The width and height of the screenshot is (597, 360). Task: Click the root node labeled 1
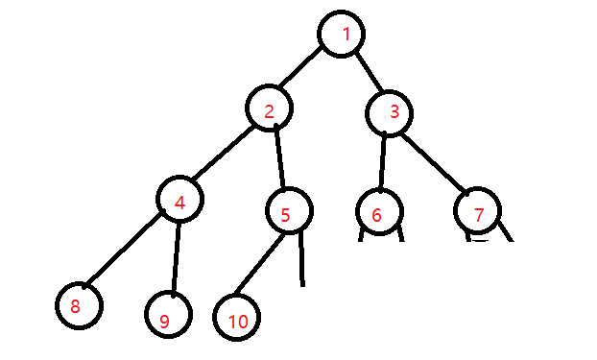pyautogui.click(x=345, y=36)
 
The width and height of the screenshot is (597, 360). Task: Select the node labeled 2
pyautogui.click(x=269, y=110)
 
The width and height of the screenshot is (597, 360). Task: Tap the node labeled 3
pyautogui.click(x=391, y=113)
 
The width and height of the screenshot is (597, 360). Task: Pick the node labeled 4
pyautogui.click(x=181, y=201)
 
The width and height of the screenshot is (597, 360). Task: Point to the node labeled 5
pyautogui.click(x=286, y=213)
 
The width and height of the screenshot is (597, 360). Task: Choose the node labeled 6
pyautogui.click(x=377, y=214)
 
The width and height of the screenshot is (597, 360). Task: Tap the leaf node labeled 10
pyautogui.click(x=237, y=317)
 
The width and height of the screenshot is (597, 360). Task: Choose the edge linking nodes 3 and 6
pyautogui.click(x=383, y=161)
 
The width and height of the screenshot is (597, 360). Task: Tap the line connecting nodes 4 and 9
pyautogui.click(x=175, y=257)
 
